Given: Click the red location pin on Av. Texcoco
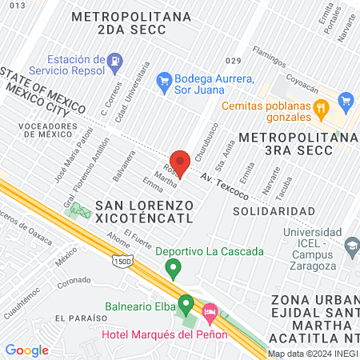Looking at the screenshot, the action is tap(180, 162).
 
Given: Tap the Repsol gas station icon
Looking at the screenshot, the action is tap(116, 60).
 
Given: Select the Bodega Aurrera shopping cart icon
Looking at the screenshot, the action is tap(165, 79).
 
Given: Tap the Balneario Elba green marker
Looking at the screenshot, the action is tap(186, 304).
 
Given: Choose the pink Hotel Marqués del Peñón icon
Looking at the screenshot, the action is tap(210, 310).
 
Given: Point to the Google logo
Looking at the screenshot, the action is tap(26, 350).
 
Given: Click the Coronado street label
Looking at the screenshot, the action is tap(73, 281).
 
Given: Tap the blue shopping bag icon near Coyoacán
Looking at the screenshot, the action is tap(346, 101).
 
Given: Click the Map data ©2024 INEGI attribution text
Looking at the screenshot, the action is tap(311, 354).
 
